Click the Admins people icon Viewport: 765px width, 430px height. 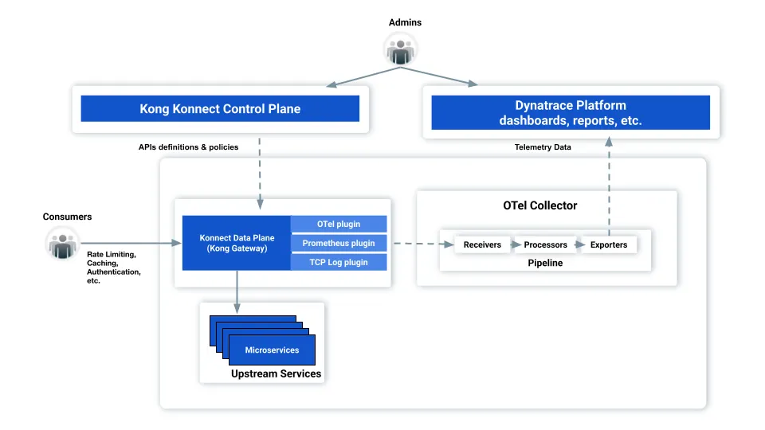[x=401, y=49]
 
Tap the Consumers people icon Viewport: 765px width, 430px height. [x=61, y=243]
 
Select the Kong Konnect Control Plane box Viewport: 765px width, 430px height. [x=220, y=109]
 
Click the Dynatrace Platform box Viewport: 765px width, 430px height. [x=570, y=113]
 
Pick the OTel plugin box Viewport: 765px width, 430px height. [x=339, y=225]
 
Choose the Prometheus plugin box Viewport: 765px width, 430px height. [x=339, y=243]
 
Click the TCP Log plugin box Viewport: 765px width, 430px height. [x=339, y=262]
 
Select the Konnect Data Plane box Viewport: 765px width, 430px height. [x=237, y=243]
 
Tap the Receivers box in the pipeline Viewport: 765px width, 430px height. [x=482, y=244]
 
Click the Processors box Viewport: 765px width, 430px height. [x=545, y=244]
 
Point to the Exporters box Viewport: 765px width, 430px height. [x=608, y=244]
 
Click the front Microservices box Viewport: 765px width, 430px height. [x=272, y=350]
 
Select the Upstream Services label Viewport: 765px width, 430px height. [x=276, y=373]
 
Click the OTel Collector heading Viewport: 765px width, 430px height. [x=539, y=205]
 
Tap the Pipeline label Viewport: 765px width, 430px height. [x=545, y=263]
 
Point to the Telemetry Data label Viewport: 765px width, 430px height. [x=543, y=147]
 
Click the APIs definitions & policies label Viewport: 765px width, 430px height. [x=188, y=147]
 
